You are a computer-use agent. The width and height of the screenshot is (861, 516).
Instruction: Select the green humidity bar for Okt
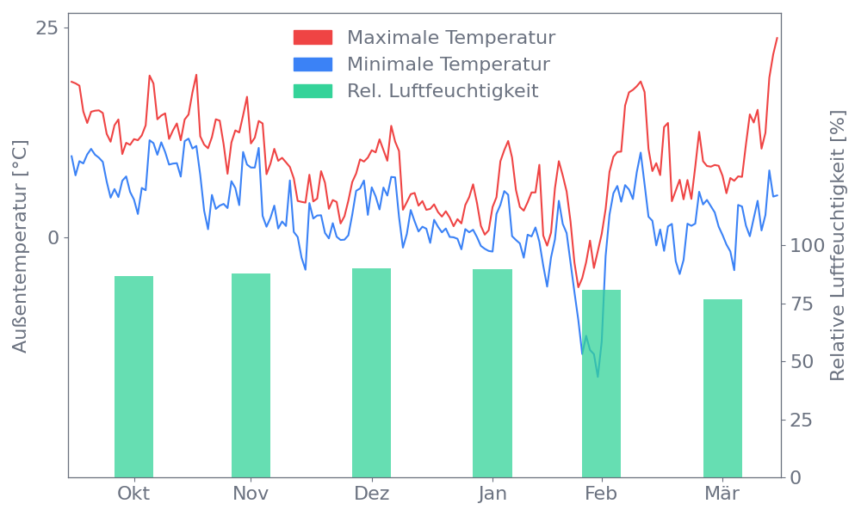[x=133, y=377]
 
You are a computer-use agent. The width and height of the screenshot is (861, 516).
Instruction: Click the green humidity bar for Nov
[x=251, y=375]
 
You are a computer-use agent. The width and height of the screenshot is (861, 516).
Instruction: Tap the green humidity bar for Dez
[x=371, y=372]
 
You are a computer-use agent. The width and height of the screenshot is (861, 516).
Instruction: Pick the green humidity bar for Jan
[x=492, y=373]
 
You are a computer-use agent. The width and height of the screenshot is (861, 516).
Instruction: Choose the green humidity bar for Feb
[x=601, y=384]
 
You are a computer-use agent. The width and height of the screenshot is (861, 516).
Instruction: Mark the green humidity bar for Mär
[x=722, y=388]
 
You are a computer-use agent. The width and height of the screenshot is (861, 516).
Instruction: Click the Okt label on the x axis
[x=133, y=494]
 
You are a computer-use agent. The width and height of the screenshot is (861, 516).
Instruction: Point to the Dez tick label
[x=371, y=494]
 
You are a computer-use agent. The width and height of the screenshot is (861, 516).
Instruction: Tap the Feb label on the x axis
[x=601, y=494]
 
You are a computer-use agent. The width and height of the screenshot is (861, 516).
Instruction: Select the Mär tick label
[x=722, y=494]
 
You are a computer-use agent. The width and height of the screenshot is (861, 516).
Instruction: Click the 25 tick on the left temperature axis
[x=46, y=28]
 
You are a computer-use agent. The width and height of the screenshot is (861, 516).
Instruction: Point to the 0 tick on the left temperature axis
[x=53, y=237]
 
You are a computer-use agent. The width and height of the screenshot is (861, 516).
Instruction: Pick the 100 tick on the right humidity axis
[x=808, y=246]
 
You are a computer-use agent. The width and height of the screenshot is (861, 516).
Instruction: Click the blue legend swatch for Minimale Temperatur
[x=313, y=64]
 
